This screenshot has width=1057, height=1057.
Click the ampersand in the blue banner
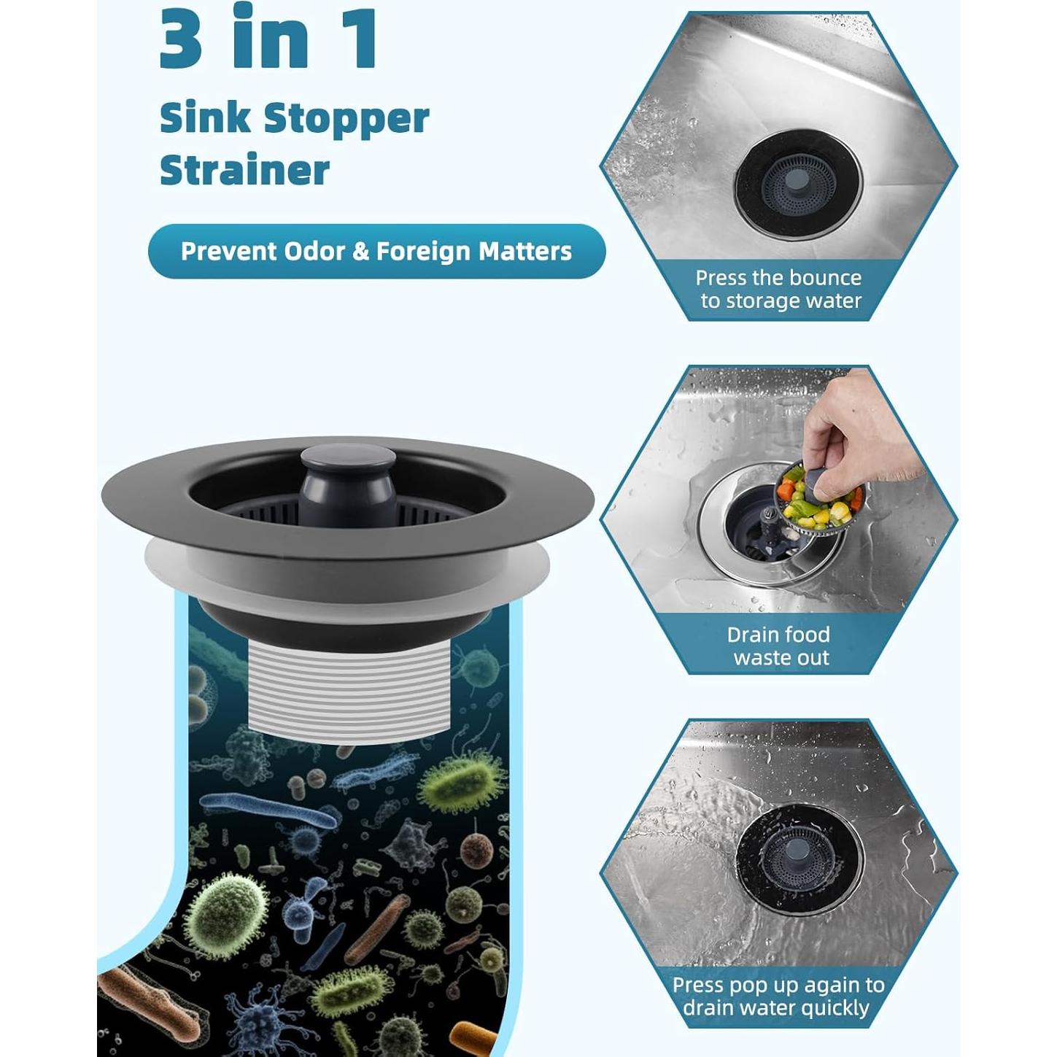pyautogui.click(x=360, y=252)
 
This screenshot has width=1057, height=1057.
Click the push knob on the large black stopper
pyautogui.click(x=349, y=481)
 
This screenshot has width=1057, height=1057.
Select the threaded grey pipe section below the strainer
pyautogui.click(x=349, y=691)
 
